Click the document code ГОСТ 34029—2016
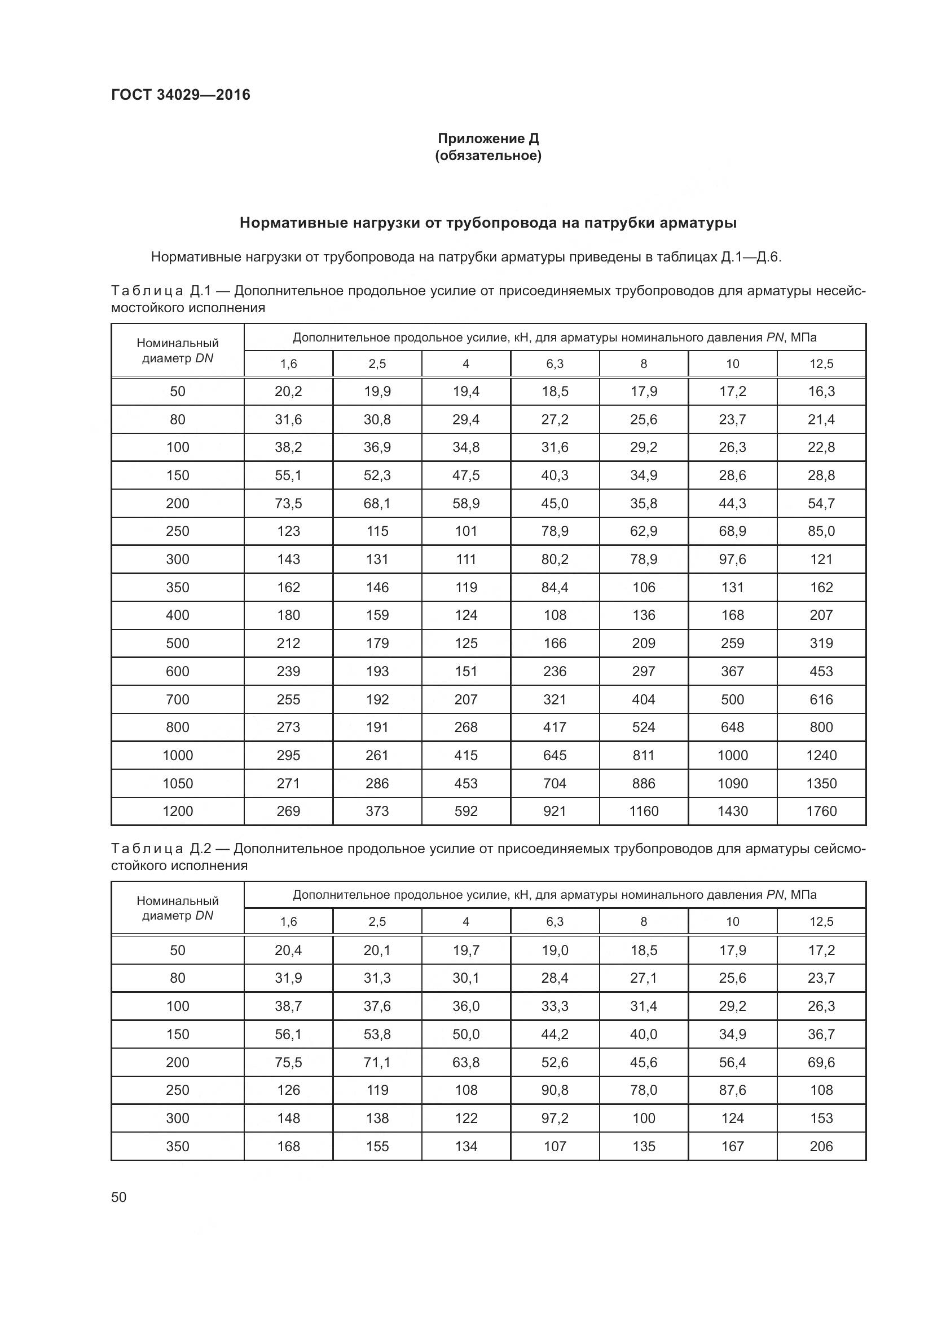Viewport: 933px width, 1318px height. point(181,95)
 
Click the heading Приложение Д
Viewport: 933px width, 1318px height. point(488,139)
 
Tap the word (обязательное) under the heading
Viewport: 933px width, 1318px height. point(488,156)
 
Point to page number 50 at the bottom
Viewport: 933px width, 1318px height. point(119,1197)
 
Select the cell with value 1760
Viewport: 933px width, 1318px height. point(821,811)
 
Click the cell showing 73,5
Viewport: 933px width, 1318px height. point(288,503)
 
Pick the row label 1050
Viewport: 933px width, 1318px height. point(178,784)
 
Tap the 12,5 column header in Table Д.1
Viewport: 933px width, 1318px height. point(821,364)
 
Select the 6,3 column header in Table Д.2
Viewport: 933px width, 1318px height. point(554,921)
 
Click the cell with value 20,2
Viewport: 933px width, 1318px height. point(288,392)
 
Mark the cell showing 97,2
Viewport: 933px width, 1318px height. point(554,1117)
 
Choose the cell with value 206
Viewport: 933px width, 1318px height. point(821,1146)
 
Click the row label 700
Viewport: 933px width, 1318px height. point(178,699)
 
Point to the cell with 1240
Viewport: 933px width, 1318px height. point(821,756)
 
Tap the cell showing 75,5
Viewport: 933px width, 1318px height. point(288,1062)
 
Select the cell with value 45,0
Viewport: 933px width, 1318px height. point(554,503)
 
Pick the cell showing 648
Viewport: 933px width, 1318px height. point(733,727)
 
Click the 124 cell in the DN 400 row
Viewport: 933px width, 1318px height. point(466,615)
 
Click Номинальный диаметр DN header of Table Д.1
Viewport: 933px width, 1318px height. point(178,350)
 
